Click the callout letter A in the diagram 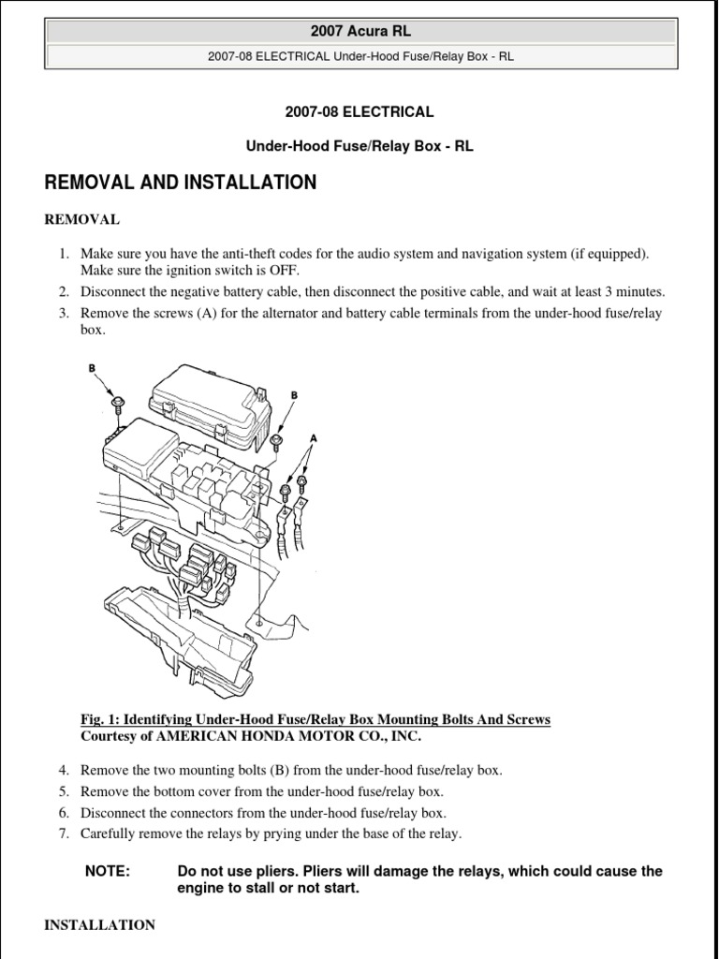tap(313, 437)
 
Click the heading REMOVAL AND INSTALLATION tap(181, 183)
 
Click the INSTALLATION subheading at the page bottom tap(100, 924)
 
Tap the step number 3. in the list tap(64, 313)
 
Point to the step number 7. tap(64, 834)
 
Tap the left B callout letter tap(93, 368)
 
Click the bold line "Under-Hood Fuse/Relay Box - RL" tap(359, 147)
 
